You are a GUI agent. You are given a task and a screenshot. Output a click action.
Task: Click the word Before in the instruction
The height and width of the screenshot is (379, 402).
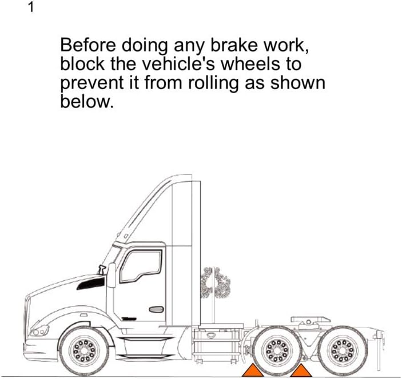coord(87,45)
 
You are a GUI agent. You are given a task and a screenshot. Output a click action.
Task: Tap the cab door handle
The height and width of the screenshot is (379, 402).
coord(156,309)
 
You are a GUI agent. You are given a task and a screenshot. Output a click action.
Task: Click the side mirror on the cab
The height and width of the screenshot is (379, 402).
coord(112,276)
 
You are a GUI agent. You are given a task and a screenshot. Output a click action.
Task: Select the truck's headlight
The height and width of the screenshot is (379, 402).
coord(40,330)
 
